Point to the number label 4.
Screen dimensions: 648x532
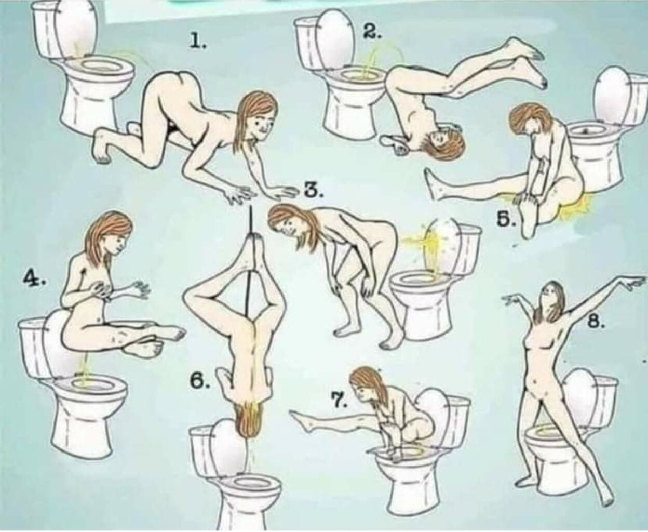(34, 279)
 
